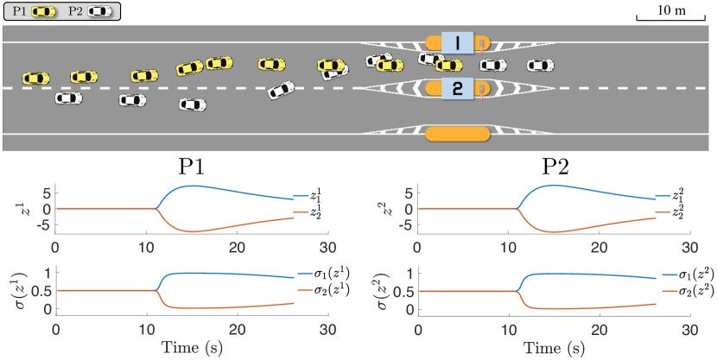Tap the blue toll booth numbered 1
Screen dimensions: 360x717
457,42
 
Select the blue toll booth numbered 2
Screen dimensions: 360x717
457,87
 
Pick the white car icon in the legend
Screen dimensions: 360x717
98,11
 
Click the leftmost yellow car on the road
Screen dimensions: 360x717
36,79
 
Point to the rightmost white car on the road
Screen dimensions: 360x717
540,65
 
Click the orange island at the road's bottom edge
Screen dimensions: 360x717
458,134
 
